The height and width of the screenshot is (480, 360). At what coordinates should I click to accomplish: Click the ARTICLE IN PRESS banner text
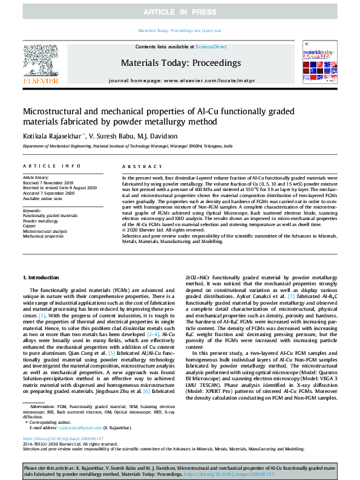pos(180,12)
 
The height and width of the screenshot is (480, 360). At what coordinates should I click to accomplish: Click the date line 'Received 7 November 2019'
pos(48,183)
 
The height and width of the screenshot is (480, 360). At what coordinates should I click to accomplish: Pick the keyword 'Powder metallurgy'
pos(41,221)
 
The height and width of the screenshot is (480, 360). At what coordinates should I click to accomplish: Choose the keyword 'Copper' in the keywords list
pos(30,226)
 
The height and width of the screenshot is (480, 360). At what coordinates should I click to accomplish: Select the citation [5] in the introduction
pos(111,352)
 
